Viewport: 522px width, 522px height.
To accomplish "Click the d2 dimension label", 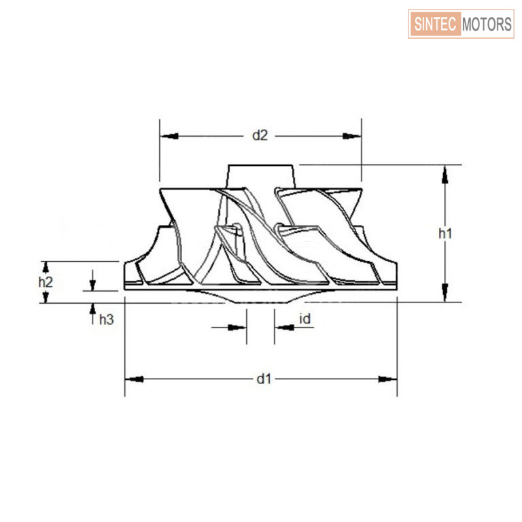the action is [x=260, y=135].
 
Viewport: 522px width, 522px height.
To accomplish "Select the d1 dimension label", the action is [x=264, y=379].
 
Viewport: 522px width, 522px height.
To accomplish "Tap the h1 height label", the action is [x=445, y=233].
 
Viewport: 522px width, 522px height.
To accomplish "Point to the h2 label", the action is [x=46, y=282].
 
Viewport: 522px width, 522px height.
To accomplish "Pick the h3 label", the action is [x=107, y=319].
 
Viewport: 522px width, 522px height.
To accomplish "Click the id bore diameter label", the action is [x=305, y=319].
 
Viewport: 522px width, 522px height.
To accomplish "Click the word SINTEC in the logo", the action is [x=435, y=24].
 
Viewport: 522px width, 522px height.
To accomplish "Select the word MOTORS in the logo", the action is [x=487, y=24].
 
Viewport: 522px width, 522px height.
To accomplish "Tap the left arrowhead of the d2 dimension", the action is [x=169, y=136].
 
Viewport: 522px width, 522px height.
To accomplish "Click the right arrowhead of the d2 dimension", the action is [x=352, y=136].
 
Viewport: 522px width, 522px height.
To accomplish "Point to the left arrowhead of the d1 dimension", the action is [x=134, y=379].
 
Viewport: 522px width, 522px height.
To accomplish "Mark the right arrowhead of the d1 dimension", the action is [x=388, y=379].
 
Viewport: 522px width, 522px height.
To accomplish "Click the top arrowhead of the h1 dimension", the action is [x=445, y=175].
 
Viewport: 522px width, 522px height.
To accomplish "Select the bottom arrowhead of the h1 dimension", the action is [x=445, y=293].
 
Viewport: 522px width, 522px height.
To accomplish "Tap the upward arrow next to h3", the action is [x=92, y=314].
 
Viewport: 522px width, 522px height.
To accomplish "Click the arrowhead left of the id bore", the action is [x=237, y=328].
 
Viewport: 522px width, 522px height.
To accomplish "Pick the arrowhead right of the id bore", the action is [x=284, y=328].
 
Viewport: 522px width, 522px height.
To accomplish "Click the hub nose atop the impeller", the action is [x=261, y=177].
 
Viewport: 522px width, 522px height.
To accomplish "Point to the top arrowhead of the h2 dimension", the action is [x=46, y=267].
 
